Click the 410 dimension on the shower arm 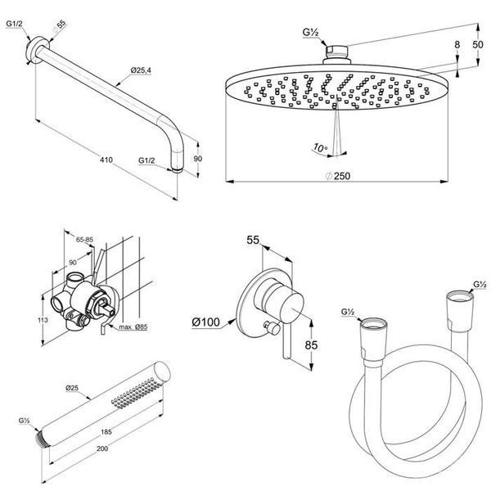pyautogui.click(x=106, y=160)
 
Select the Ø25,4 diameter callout pyautogui.click(x=141, y=70)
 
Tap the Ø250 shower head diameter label pyautogui.click(x=337, y=176)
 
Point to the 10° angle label pyautogui.click(x=320, y=147)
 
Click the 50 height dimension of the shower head pyautogui.click(x=478, y=44)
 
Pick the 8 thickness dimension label pyautogui.click(x=457, y=45)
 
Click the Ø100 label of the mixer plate pyautogui.click(x=205, y=322)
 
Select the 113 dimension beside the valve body pyautogui.click(x=43, y=320)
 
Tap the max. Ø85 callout pyautogui.click(x=133, y=327)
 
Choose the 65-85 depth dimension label pyautogui.click(x=84, y=240)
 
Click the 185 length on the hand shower pyautogui.click(x=106, y=432)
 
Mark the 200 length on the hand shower pyautogui.click(x=102, y=448)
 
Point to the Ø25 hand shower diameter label pyautogui.click(x=72, y=388)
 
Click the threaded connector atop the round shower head pyautogui.click(x=336, y=52)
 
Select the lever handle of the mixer pyautogui.click(x=287, y=340)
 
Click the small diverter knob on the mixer pyautogui.click(x=272, y=327)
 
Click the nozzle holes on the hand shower pyautogui.click(x=133, y=392)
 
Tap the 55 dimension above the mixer pyautogui.click(x=253, y=240)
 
